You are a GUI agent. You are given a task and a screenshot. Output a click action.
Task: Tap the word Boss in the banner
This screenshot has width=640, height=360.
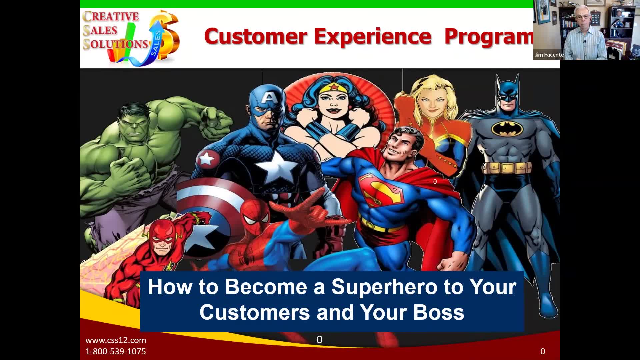click(439, 312)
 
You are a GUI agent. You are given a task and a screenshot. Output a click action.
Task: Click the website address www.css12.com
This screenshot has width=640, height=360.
click(116, 340)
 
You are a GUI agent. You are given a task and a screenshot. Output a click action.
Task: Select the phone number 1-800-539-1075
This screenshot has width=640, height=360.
click(116, 351)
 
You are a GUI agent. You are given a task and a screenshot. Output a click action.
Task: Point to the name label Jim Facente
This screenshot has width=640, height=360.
click(549, 55)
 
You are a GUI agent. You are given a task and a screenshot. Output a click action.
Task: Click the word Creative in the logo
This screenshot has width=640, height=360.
click(111, 17)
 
